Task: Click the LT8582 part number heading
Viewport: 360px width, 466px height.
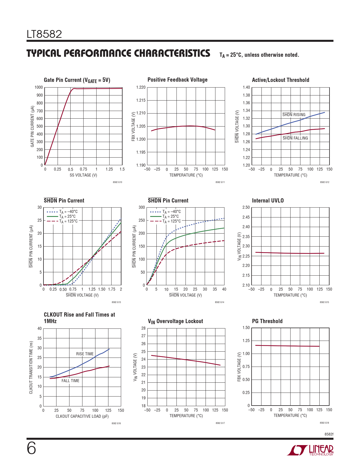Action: tap(44, 34)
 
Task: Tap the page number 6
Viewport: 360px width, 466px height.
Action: tap(31, 448)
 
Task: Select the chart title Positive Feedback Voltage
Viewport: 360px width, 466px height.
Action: tap(177, 80)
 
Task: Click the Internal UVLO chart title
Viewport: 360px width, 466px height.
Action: tap(268, 201)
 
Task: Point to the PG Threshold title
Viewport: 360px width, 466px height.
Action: tap(267, 321)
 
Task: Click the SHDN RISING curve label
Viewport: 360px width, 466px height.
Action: tap(294, 115)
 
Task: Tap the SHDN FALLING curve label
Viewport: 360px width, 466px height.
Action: tap(295, 138)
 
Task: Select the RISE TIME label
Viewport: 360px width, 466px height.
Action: tap(85, 354)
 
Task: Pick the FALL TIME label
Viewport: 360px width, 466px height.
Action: tap(70, 381)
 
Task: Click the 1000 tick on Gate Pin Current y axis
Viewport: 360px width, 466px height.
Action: tap(39, 87)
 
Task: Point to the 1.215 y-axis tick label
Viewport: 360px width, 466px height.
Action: tap(141, 100)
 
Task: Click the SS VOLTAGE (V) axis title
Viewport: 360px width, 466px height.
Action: tap(83, 175)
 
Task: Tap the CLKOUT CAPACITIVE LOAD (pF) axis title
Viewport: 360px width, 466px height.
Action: tap(82, 416)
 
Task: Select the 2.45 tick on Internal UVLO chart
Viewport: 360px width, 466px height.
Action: tap(246, 217)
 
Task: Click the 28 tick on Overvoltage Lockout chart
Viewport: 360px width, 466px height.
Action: tap(143, 328)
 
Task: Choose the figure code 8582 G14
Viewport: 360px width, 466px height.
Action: tap(219, 302)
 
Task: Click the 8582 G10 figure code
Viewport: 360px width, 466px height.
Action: tap(117, 182)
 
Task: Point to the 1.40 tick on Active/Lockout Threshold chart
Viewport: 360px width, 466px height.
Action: tap(246, 87)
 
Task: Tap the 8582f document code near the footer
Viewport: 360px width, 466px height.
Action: tap(329, 434)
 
